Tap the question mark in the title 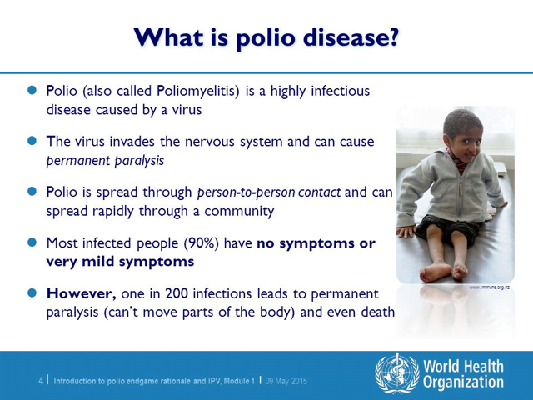pyautogui.click(x=392, y=36)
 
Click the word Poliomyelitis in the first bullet pyautogui.click(x=198, y=92)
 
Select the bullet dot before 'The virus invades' pyautogui.click(x=32, y=141)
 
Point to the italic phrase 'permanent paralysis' pyautogui.click(x=105, y=161)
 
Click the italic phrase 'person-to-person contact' pyautogui.click(x=269, y=192)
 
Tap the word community pyautogui.click(x=239, y=211)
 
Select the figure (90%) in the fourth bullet pyautogui.click(x=202, y=243)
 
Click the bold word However pyautogui.click(x=82, y=293)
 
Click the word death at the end pyautogui.click(x=377, y=312)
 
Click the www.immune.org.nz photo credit pyautogui.click(x=489, y=287)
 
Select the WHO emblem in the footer pyautogui.click(x=397, y=373)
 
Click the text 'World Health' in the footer pyautogui.click(x=463, y=367)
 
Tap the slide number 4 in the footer pyautogui.click(x=41, y=381)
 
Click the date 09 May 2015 pyautogui.click(x=286, y=381)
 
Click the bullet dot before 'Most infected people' pyautogui.click(x=32, y=242)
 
